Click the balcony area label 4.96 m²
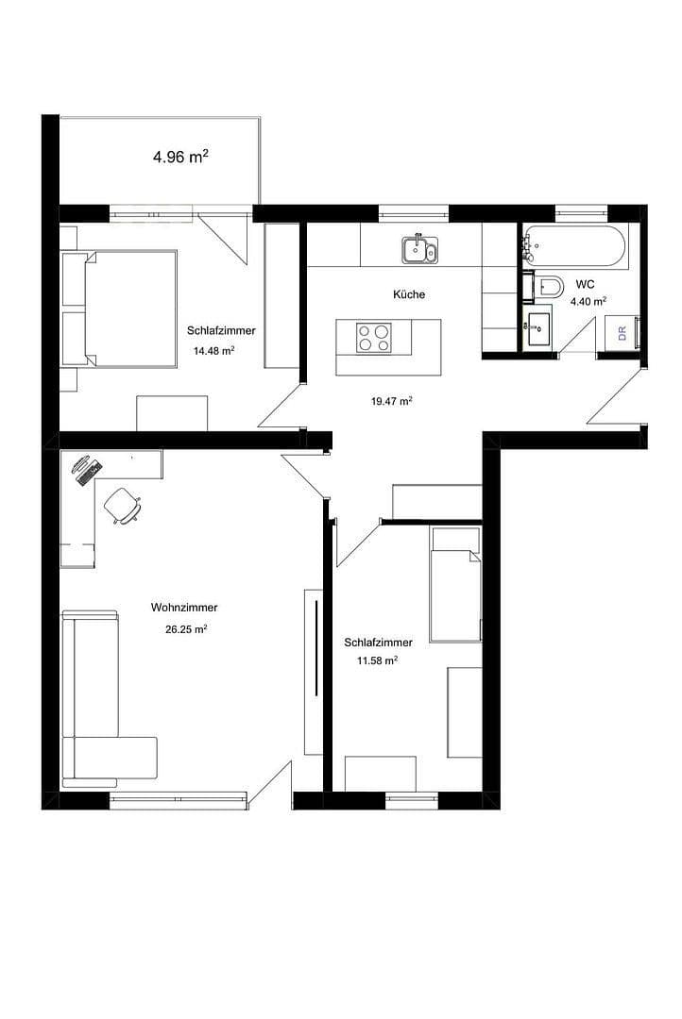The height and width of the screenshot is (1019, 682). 180,158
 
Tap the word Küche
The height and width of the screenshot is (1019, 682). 409,294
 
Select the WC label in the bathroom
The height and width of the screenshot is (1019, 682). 585,284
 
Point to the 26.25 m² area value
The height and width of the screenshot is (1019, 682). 186,629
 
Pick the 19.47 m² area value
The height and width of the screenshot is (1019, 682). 391,401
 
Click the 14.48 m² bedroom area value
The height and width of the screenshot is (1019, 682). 213,350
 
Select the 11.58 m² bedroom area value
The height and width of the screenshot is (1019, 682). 376,662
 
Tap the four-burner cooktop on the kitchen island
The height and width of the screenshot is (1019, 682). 373,337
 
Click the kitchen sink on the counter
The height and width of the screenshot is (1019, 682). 418,249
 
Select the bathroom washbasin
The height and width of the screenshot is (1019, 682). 538,328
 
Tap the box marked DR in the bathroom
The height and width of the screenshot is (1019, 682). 622,332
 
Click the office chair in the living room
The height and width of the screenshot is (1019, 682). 123,505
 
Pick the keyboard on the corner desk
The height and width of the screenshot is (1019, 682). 87,469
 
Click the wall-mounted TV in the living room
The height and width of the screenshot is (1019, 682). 315,647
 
